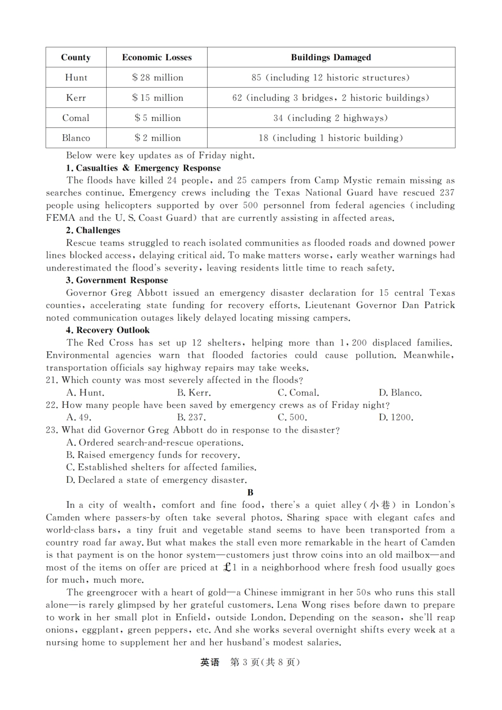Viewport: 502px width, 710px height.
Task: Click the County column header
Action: click(76, 58)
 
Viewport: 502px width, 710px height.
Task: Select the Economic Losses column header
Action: click(156, 58)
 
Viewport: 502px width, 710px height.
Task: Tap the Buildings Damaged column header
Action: click(331, 58)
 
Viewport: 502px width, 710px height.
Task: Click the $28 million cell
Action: click(157, 78)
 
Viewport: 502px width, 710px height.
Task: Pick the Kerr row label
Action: click(76, 98)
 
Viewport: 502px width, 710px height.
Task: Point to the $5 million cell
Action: click(157, 118)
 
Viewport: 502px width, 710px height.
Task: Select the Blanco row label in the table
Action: click(76, 138)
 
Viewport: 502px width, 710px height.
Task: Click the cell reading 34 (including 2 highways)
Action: click(331, 118)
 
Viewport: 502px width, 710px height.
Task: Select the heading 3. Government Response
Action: click(117, 281)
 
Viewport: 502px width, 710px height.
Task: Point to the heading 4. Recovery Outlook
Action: click(108, 330)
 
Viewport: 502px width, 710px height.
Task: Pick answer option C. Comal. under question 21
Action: click(298, 393)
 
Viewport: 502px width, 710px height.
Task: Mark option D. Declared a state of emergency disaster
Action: click(156, 480)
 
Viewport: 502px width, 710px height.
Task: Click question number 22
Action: click(52, 405)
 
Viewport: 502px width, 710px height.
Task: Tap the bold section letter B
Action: click(250, 492)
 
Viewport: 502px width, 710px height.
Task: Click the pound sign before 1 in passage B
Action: click(227, 567)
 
